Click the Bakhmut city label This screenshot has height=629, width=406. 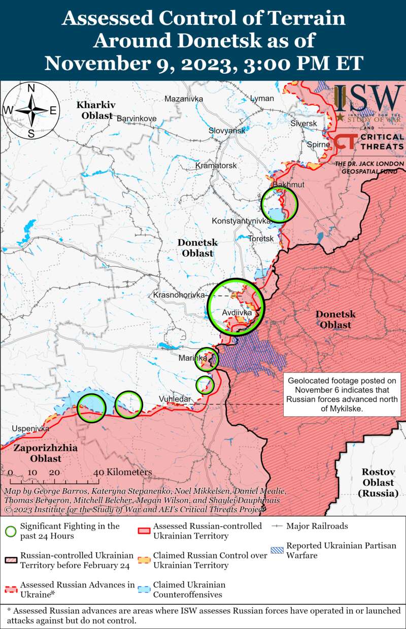pyautogui.click(x=288, y=185)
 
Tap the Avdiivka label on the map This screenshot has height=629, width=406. pyautogui.click(x=237, y=313)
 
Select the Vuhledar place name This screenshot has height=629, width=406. pyautogui.click(x=175, y=399)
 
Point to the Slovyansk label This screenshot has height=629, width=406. pyautogui.click(x=227, y=131)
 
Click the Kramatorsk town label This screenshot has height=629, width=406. pyautogui.click(x=216, y=166)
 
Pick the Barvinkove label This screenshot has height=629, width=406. pyautogui.click(x=137, y=118)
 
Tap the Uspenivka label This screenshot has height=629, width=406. pyautogui.click(x=30, y=429)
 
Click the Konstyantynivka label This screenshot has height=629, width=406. pyautogui.click(x=242, y=221)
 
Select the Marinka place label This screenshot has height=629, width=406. pyautogui.click(x=193, y=359)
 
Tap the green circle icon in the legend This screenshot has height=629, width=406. pyautogui.click(x=10, y=531)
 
